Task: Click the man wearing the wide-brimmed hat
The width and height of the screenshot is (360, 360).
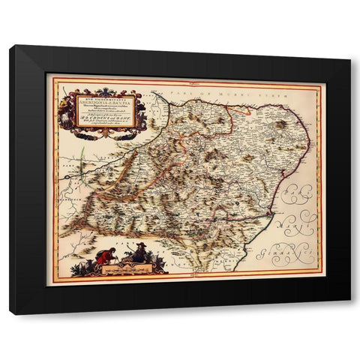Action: click(139, 256)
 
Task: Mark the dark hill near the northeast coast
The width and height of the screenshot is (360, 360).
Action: click(280, 124)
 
